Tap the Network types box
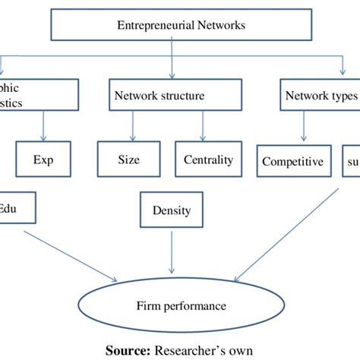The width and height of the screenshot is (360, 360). click(319, 96)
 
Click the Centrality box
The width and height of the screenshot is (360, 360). click(208, 160)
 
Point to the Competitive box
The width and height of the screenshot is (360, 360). click(292, 161)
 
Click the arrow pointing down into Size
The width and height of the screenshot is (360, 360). click(134, 125)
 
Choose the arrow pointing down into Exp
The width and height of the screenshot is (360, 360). click(47, 125)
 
